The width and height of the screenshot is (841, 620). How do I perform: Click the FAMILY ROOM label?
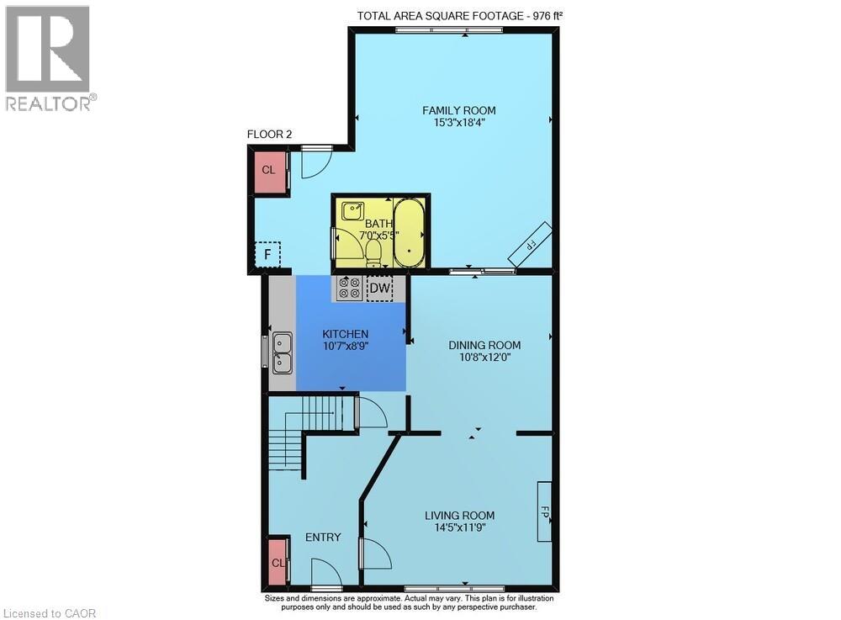pyautogui.click(x=458, y=110)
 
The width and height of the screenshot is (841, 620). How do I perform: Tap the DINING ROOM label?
pyautogui.click(x=484, y=346)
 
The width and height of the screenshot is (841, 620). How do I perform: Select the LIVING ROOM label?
pyautogui.click(x=460, y=516)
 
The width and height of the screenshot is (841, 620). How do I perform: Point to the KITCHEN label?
pyautogui.click(x=345, y=334)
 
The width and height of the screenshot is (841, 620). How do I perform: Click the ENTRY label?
pyautogui.click(x=323, y=538)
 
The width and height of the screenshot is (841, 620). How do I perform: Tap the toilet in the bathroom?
pyautogui.click(x=373, y=254)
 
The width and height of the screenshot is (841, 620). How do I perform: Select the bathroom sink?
pyautogui.click(x=352, y=210)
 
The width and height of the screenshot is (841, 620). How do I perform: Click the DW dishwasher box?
pyautogui.click(x=380, y=288)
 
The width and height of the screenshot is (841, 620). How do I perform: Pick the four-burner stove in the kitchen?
pyautogui.click(x=349, y=288)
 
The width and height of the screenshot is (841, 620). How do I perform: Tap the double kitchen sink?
pyautogui.click(x=282, y=352)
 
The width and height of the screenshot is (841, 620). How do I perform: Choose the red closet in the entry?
pyautogui.click(x=278, y=562)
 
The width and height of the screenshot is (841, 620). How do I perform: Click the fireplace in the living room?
pyautogui.click(x=544, y=511)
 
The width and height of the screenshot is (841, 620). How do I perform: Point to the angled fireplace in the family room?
pyautogui.click(x=531, y=244)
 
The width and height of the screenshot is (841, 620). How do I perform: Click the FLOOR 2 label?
pyautogui.click(x=269, y=134)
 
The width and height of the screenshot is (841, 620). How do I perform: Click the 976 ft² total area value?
pyautogui.click(x=548, y=15)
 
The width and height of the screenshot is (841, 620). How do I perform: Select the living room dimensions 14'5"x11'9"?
pyautogui.click(x=460, y=527)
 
